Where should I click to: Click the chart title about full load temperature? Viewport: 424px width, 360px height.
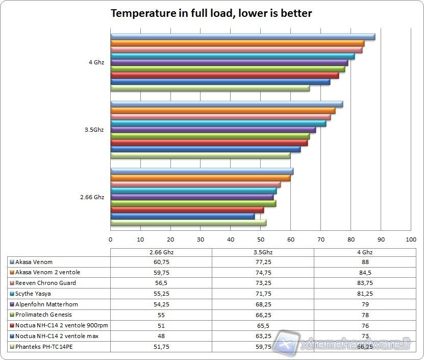point(211,14)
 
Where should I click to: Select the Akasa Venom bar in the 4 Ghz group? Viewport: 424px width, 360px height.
point(242,37)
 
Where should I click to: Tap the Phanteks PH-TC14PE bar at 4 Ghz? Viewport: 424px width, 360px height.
point(210,88)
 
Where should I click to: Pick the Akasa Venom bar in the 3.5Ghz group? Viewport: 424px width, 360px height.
point(227,104)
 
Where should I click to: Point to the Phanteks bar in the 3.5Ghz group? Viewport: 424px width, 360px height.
point(200,155)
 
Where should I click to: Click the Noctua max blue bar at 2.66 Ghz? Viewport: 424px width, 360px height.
point(182,216)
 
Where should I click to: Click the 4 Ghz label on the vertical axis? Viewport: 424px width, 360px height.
point(96,62)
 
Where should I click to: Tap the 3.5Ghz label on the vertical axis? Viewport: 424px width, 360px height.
point(94,130)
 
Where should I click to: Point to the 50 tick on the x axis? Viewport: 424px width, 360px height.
point(260,238)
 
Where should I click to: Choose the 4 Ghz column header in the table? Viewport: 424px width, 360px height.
point(364,252)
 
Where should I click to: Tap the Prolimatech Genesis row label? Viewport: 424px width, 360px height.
point(43,315)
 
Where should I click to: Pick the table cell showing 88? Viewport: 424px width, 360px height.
point(364,262)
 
